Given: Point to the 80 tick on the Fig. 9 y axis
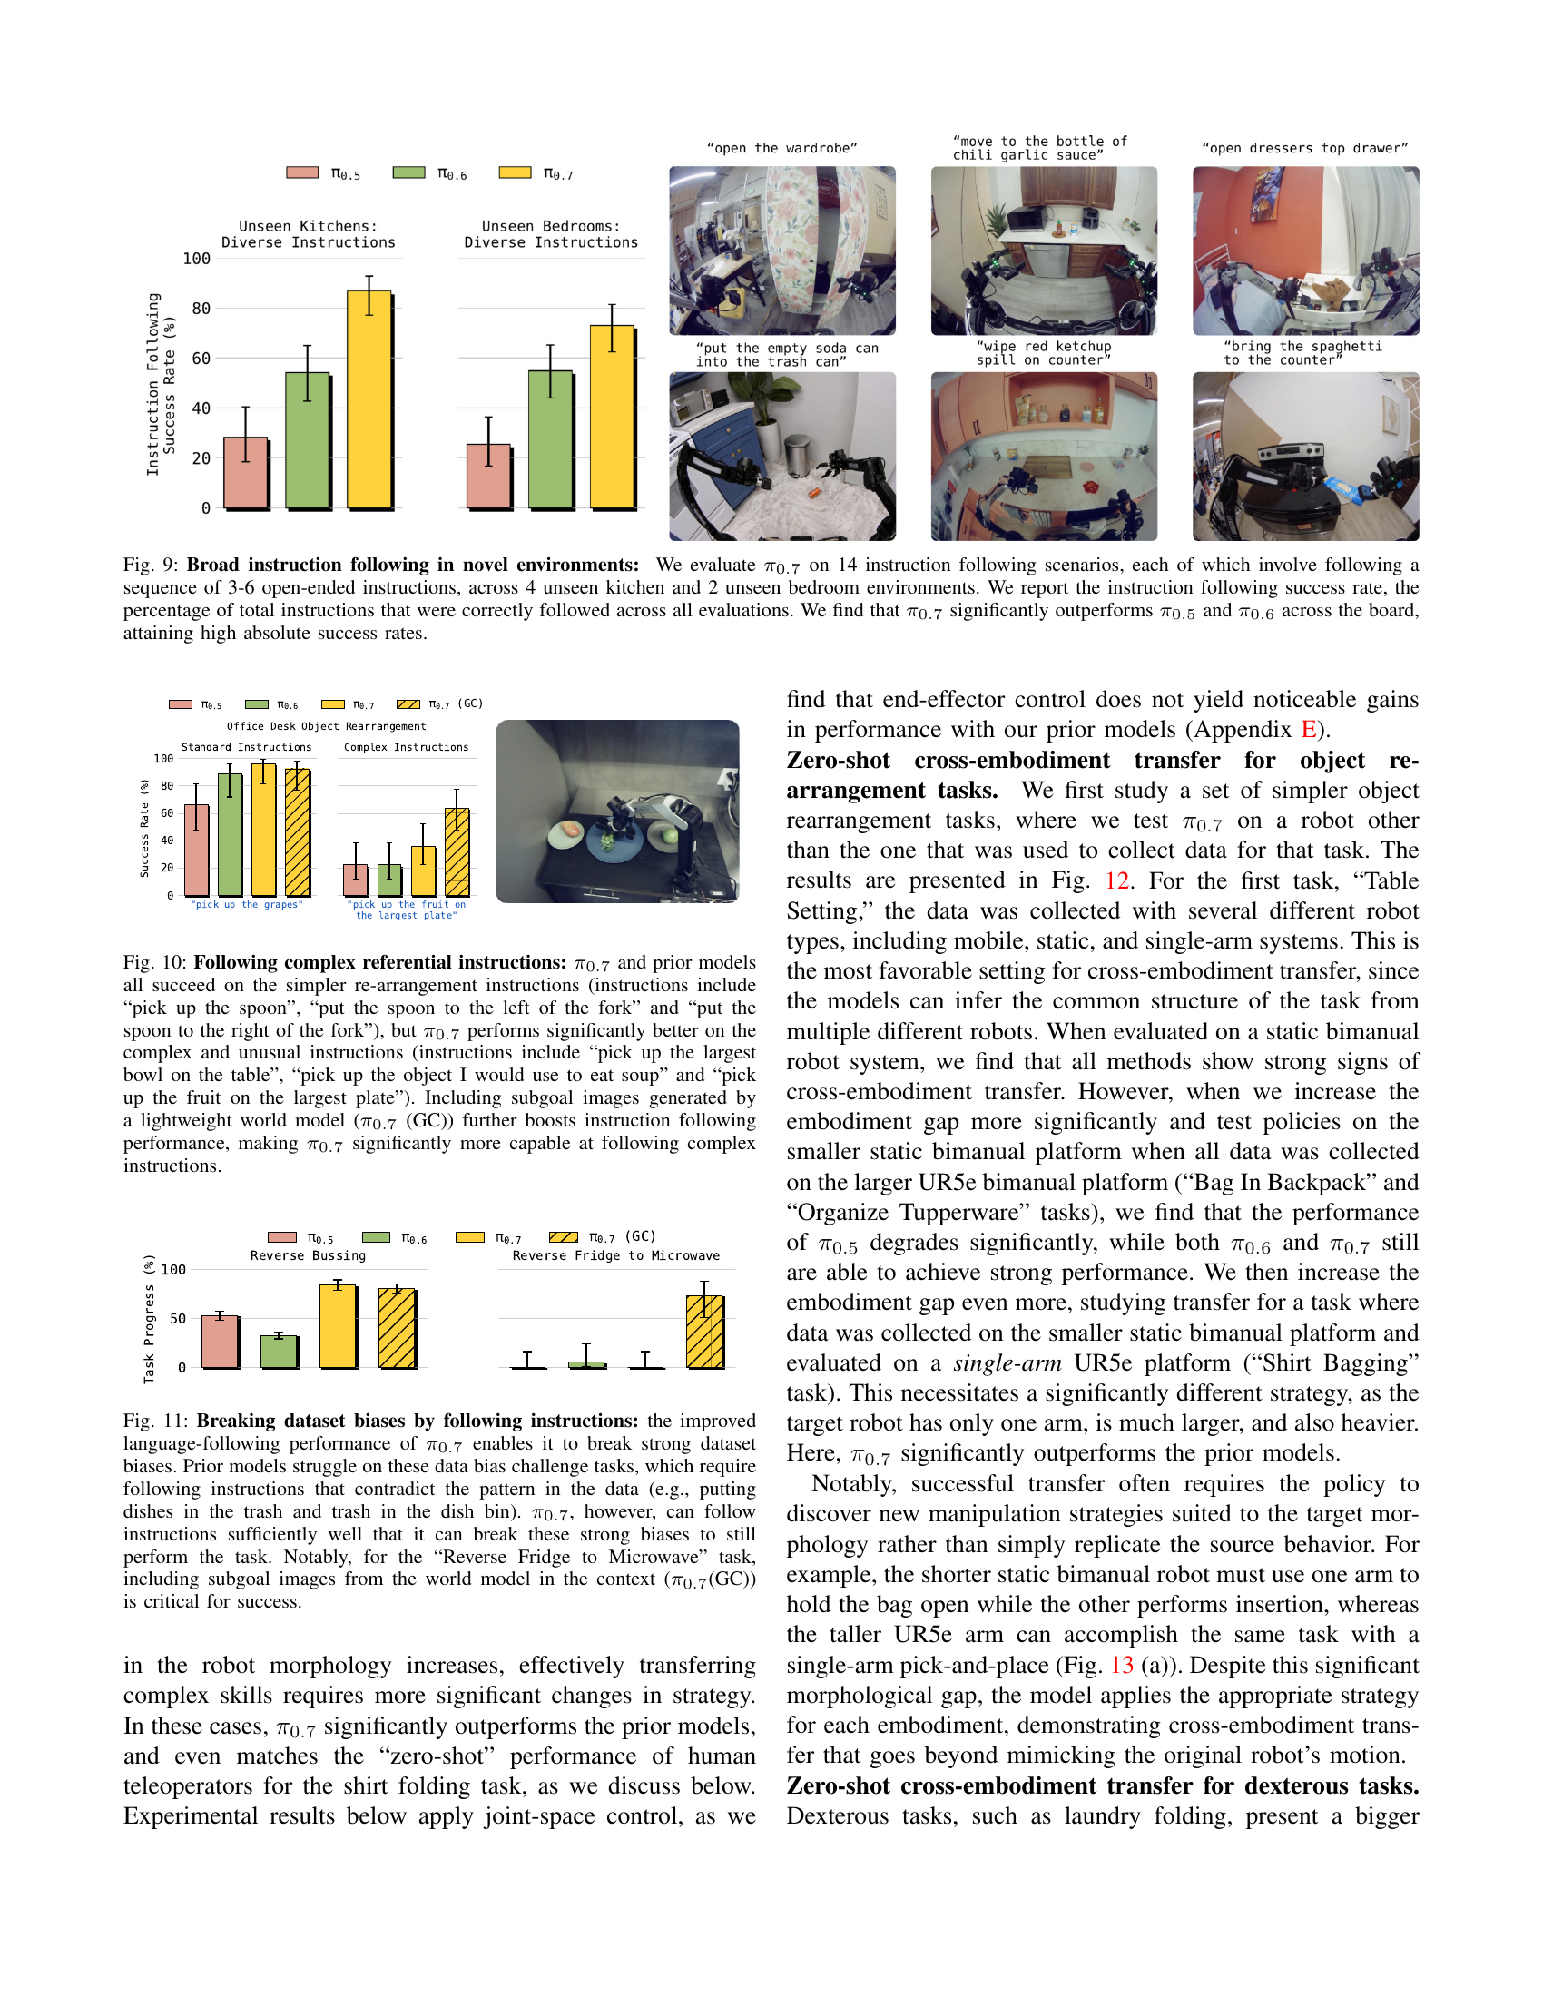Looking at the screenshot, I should (201, 309).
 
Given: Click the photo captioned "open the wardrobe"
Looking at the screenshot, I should (781, 251).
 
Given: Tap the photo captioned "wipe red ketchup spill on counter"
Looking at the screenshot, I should (1043, 456).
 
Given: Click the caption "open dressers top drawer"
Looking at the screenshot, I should (1304, 148).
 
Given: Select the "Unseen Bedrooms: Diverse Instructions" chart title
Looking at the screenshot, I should (550, 234).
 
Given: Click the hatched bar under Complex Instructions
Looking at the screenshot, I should (457, 851).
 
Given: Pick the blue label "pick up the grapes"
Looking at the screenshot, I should (246, 904).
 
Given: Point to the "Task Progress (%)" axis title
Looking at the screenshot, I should (150, 1318).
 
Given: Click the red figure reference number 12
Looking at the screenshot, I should (1117, 880).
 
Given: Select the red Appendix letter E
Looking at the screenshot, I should (1308, 730).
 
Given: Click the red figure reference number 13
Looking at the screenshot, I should (1122, 1665).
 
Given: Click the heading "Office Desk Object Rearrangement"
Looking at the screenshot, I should (327, 726).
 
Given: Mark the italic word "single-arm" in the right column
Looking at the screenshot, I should (1007, 1363).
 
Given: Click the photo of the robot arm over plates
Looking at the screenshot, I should (617, 811).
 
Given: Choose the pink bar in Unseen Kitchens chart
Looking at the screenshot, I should (246, 473).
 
